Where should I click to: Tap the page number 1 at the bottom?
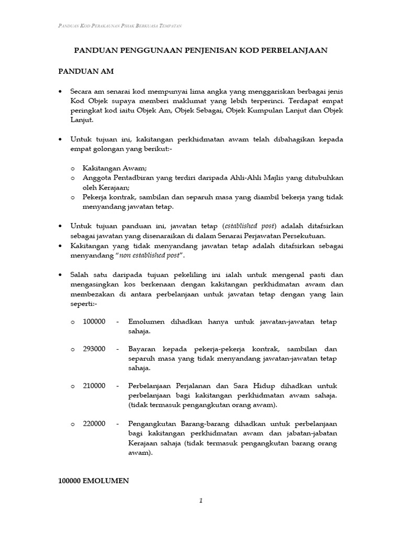tap(200, 501)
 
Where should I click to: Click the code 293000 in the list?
tap(94, 349)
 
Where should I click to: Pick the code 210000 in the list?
tap(94, 386)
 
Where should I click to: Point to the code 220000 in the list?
tap(94, 423)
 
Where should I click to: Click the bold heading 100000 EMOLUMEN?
tap(93, 481)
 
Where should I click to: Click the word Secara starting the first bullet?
tap(83, 91)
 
